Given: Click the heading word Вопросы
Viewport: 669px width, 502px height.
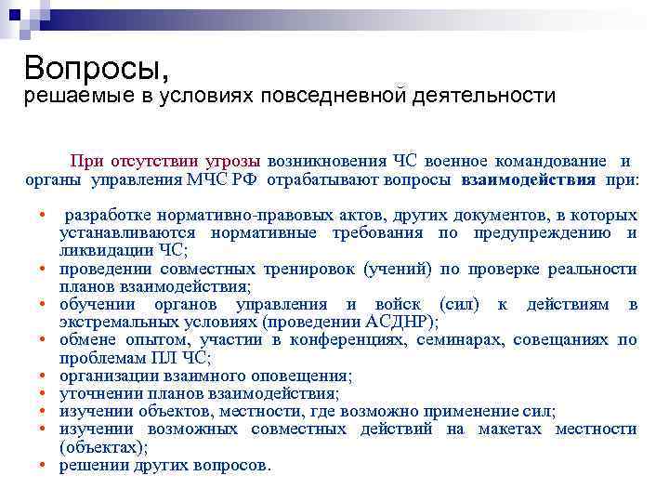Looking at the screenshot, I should (97, 67).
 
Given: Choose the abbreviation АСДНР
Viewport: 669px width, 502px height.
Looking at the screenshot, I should (401, 323).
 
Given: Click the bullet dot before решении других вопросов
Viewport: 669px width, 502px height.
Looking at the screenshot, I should (45, 465).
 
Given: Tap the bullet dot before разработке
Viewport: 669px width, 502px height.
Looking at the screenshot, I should (45, 216).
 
